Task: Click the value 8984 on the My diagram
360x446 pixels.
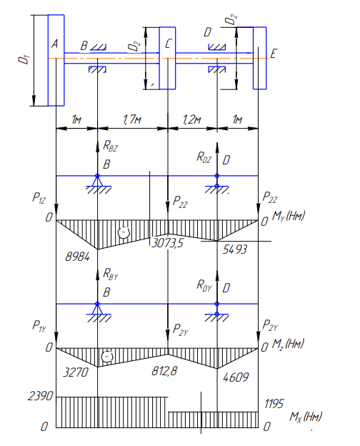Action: (x=77, y=257)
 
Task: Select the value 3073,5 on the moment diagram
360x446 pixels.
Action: (x=167, y=243)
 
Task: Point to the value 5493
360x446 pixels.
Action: (x=235, y=249)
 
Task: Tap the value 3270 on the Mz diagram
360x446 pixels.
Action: (x=76, y=372)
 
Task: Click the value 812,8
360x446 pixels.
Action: (x=165, y=371)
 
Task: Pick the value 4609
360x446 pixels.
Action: (x=236, y=377)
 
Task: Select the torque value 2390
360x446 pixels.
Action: (x=41, y=396)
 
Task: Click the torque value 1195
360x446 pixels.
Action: (x=274, y=404)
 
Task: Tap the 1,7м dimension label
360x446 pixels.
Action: (x=132, y=119)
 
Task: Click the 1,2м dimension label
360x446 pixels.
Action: (x=191, y=119)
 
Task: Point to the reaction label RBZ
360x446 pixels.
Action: (x=110, y=146)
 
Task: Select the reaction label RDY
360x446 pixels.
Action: (x=204, y=285)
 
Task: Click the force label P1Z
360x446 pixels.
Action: (x=39, y=197)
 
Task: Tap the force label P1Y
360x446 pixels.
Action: (x=39, y=326)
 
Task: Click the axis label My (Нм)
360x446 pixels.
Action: (x=289, y=216)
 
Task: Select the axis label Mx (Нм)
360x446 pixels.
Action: (x=306, y=417)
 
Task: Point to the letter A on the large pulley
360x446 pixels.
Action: (x=54, y=44)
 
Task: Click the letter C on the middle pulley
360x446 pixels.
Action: (x=169, y=44)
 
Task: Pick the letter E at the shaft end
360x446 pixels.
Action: (x=274, y=54)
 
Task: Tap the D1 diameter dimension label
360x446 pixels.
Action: (x=24, y=59)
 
